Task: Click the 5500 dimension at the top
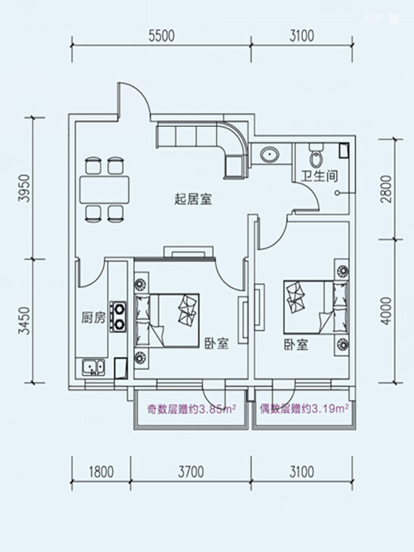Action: point(161,36)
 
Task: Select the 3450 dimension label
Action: point(25,321)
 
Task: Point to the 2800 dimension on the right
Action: point(386,188)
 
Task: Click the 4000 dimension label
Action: point(386,311)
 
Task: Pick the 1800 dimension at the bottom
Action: point(101,472)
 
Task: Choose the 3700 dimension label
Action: point(191,472)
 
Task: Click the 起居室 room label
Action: point(193,199)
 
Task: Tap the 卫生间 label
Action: point(319,175)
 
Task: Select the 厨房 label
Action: point(93,317)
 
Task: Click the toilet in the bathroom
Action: point(316,155)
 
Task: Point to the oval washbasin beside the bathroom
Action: point(270,155)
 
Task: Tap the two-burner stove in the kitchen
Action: point(118,316)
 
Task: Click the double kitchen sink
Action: point(93,368)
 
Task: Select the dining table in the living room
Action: point(104,190)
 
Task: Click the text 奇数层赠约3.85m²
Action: point(191,410)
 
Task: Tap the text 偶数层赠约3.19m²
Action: point(304,409)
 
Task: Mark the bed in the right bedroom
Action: point(317,307)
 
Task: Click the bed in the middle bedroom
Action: point(167,321)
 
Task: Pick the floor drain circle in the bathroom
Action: point(337,193)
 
